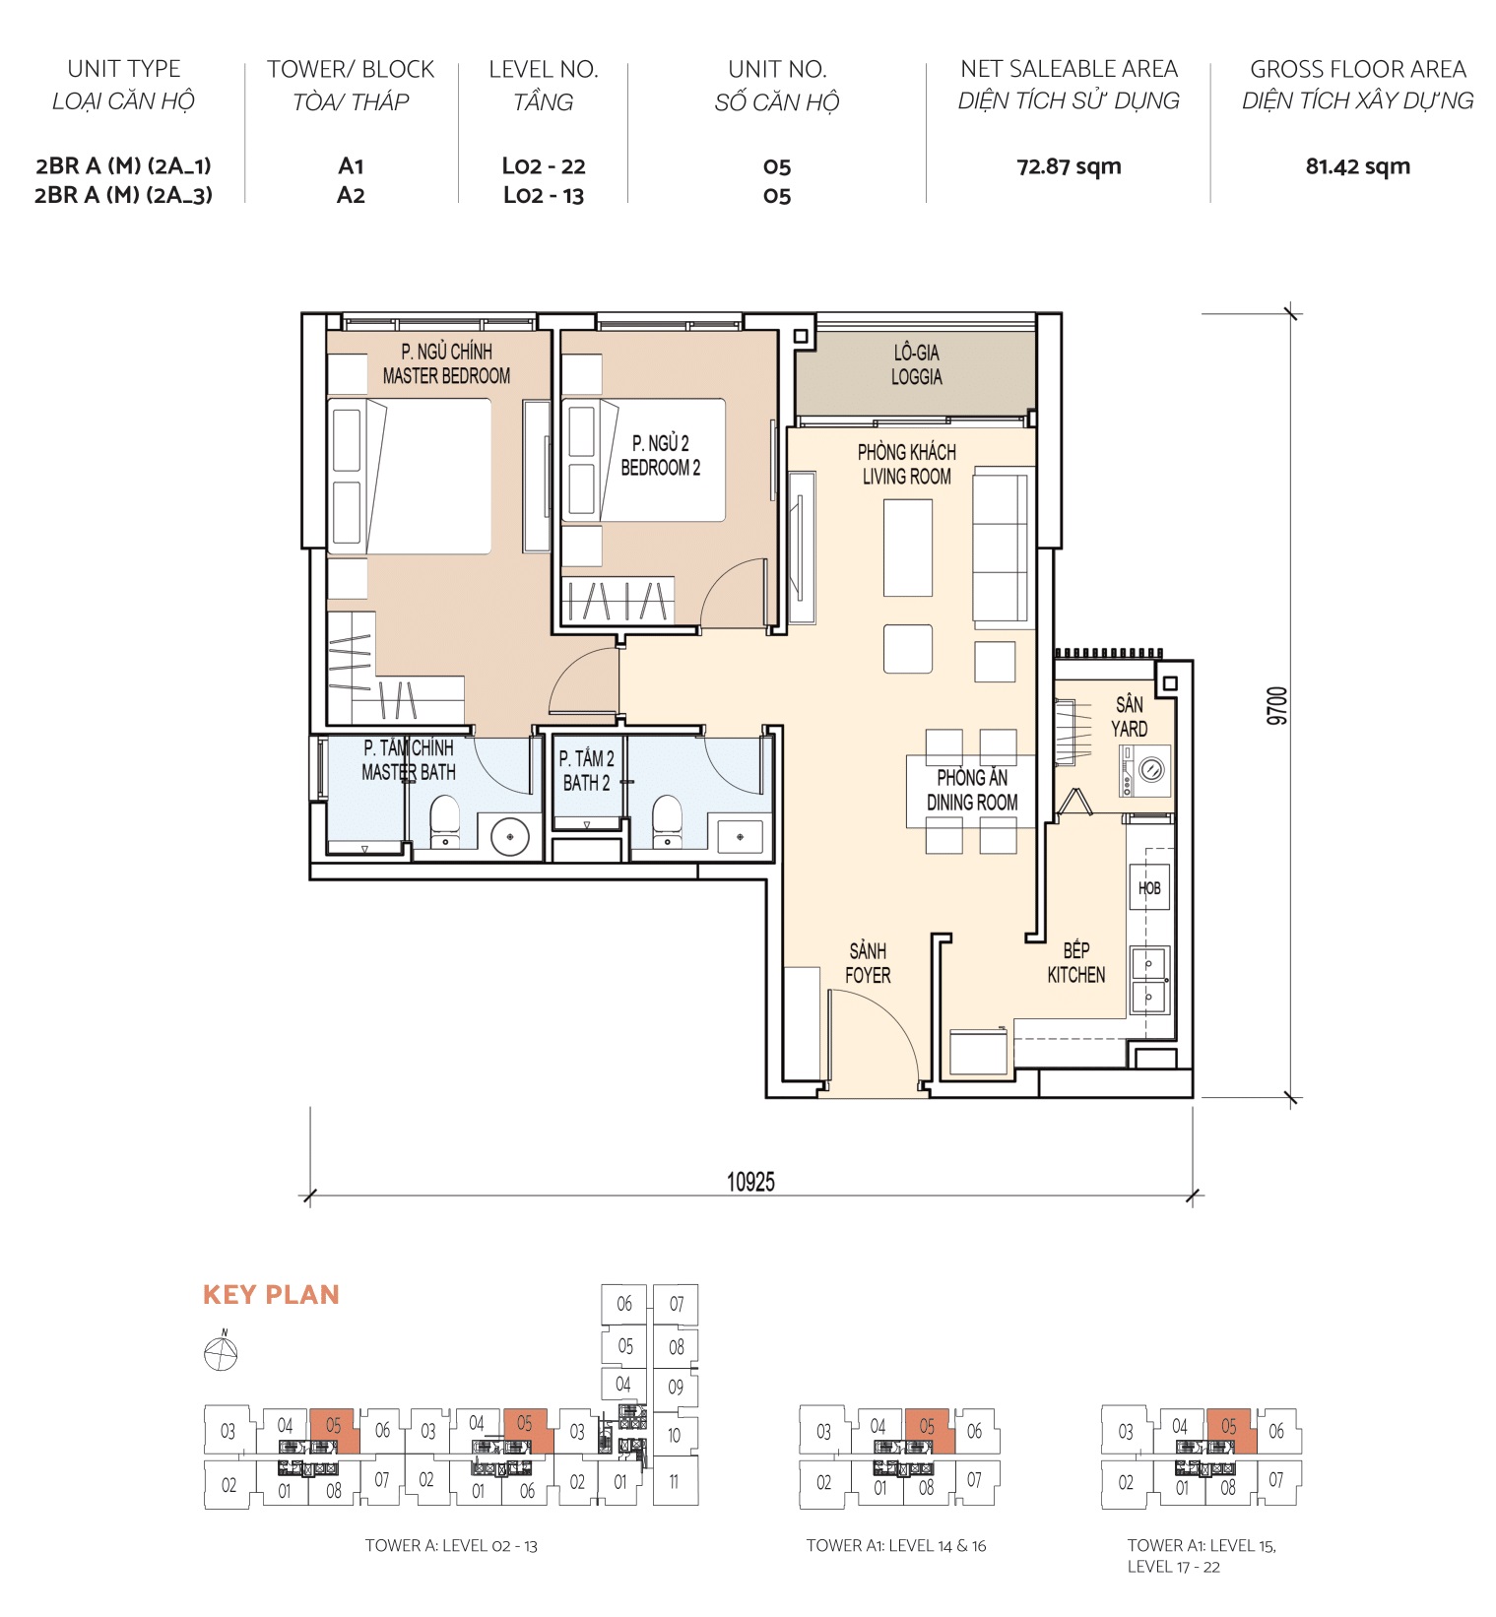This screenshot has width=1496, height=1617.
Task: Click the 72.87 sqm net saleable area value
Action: [x=1069, y=166]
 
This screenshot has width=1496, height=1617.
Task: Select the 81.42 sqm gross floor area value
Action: [x=1357, y=166]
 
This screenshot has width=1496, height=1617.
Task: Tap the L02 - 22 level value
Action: [x=544, y=166]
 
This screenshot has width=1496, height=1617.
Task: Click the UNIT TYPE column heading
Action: [x=124, y=69]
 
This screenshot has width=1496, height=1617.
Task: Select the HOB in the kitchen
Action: [x=1149, y=887]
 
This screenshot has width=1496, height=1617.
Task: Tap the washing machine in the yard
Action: [x=1144, y=770]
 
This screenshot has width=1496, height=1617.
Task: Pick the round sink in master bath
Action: [x=510, y=836]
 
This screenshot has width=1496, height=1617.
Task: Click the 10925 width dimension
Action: [x=750, y=1181]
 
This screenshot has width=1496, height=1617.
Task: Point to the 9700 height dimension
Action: [x=1276, y=706]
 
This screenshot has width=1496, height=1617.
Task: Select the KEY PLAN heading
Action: [x=271, y=1294]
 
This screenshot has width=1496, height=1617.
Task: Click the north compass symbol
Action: [x=221, y=1354]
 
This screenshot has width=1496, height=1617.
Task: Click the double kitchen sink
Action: [x=1148, y=980]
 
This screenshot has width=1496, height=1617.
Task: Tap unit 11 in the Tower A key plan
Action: [x=674, y=1480]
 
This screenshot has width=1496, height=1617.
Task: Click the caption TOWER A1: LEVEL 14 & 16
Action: [x=895, y=1545]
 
